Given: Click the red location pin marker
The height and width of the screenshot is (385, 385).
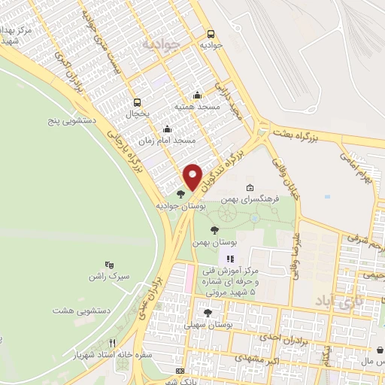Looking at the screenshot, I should point(192,177).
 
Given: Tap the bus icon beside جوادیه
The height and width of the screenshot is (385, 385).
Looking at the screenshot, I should point(211,33).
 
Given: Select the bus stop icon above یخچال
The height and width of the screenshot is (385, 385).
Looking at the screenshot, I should point(137,102).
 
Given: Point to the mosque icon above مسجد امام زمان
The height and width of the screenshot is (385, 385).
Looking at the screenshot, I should point(166,129).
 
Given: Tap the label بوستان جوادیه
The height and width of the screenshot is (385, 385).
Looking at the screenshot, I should point(177,205).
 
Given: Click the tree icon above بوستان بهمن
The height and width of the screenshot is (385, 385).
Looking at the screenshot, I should point(214,230).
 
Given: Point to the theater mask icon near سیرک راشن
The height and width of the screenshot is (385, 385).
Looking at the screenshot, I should point(109,265).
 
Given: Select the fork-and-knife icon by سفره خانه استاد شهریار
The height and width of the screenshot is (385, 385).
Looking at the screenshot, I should point(111,341).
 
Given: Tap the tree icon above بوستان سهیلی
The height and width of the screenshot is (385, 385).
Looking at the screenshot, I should point(208,312).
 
